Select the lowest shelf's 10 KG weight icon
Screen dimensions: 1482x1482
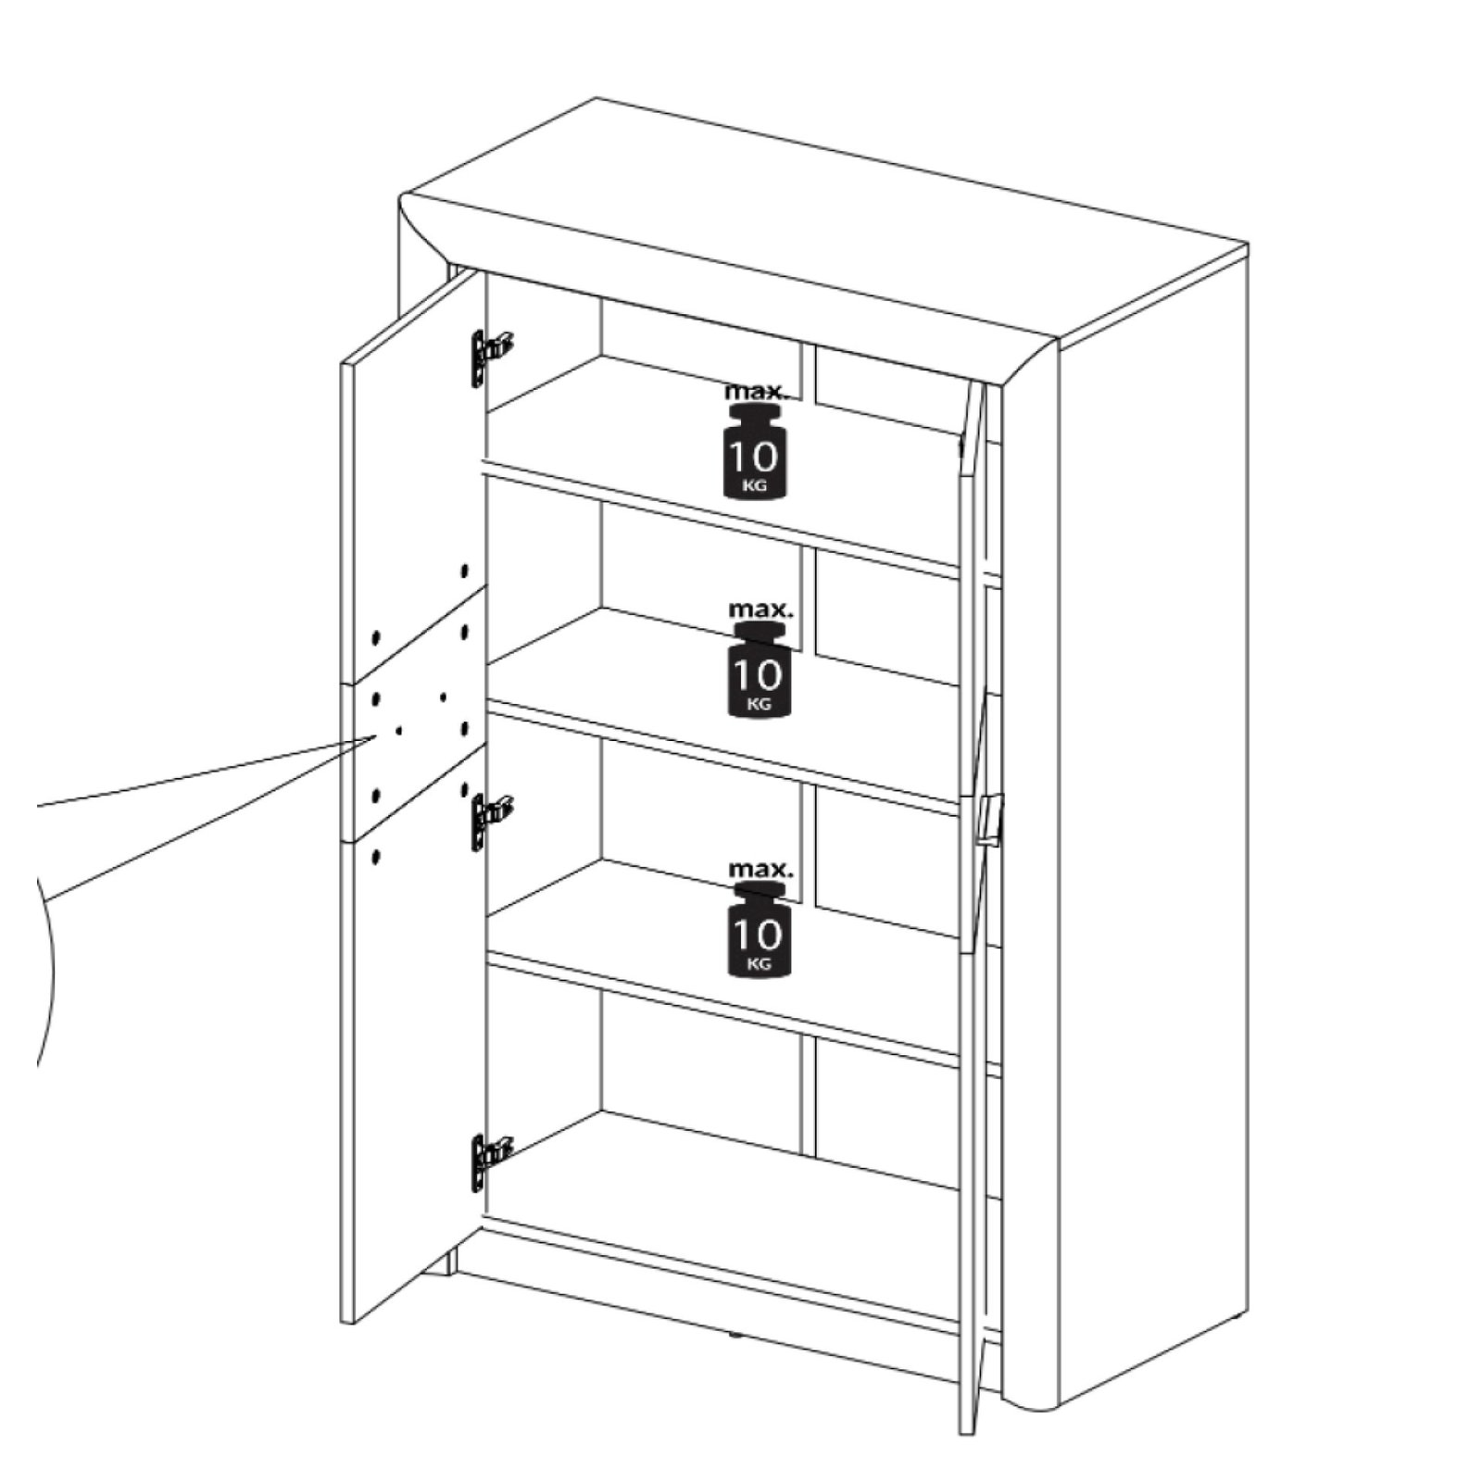click(760, 930)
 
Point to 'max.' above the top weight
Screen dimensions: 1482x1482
click(757, 390)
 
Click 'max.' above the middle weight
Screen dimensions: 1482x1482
click(760, 610)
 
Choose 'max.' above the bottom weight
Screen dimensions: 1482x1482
click(760, 870)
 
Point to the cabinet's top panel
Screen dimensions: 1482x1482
click(824, 218)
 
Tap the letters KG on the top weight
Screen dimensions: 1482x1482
click(756, 485)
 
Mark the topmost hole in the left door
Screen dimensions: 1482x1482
click(464, 571)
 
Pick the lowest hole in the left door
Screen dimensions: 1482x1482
click(375, 857)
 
